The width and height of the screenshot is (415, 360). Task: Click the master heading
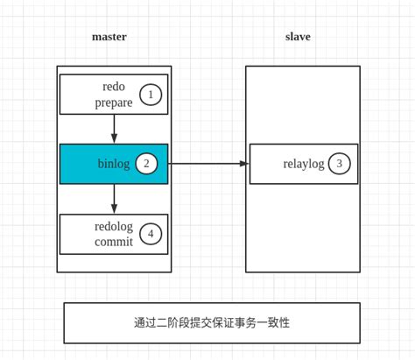109,37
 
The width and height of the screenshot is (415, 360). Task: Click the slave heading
298,37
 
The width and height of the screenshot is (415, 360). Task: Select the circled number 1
151,95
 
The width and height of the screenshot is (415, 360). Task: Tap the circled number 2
146,164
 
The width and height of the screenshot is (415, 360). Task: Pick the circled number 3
340,164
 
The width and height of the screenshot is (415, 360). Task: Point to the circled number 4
151,234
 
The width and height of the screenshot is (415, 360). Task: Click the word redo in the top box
114,87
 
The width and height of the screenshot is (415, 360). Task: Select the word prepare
114,102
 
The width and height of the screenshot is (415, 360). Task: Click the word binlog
114,164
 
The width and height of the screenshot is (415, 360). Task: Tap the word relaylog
304,164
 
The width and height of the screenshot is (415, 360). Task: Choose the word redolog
114,226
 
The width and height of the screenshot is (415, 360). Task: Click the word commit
114,242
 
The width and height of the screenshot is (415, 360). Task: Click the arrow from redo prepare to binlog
114,127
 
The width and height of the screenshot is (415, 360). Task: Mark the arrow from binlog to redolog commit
114,197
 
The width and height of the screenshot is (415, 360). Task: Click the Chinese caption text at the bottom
212,322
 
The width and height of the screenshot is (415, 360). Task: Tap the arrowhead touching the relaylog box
244,164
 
